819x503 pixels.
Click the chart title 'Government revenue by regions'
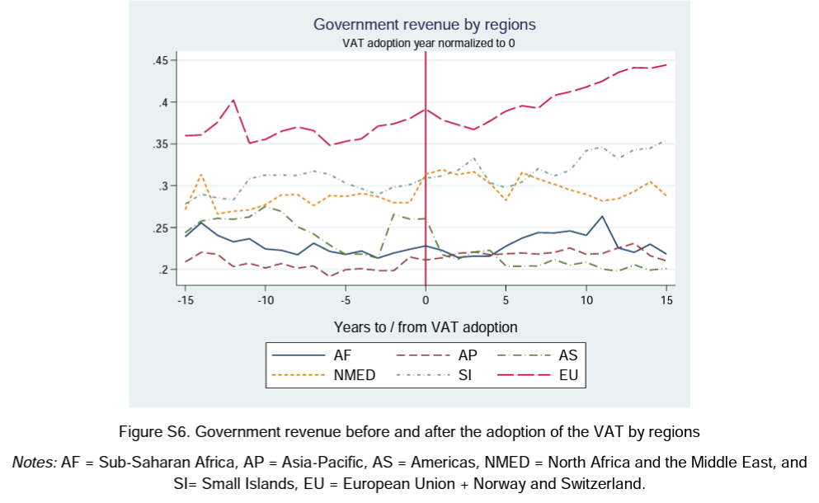coord(424,24)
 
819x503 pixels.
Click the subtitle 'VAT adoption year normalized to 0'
coord(424,43)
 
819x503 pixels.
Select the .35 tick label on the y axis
coord(159,144)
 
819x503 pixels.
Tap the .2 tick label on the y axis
coord(162,270)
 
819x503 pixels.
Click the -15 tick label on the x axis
coord(186,300)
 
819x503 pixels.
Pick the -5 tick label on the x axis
coord(346,300)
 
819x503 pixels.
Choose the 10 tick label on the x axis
coord(586,300)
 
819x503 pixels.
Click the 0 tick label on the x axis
coord(426,300)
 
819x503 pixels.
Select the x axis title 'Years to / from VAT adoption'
coord(426,327)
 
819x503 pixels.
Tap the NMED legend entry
coord(355,376)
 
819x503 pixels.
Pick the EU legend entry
coord(568,376)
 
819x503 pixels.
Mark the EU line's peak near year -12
coord(234,100)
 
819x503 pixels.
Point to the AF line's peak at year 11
coord(602,216)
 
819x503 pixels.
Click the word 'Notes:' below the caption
coord(34,463)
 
